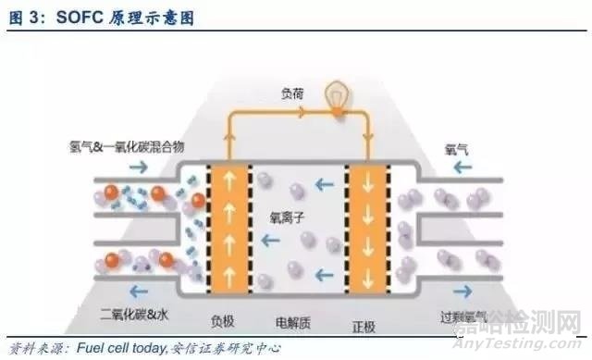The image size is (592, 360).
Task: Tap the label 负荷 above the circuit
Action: click(x=295, y=93)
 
